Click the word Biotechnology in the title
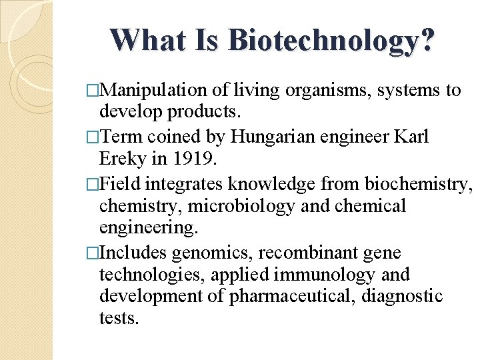click(331, 40)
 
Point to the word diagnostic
click(401, 295)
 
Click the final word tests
click(119, 318)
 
